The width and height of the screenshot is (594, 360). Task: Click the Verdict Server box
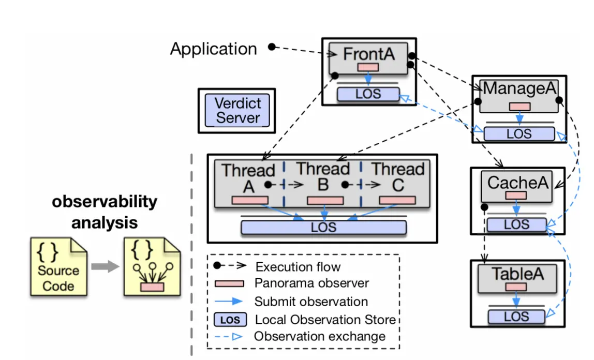tap(237, 110)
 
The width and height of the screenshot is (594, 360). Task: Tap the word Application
tap(213, 49)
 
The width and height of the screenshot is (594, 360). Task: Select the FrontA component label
tap(368, 54)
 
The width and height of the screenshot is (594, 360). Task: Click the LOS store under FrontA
tap(368, 94)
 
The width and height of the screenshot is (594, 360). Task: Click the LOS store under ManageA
tap(519, 133)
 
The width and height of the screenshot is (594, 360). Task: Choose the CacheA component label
tap(515, 182)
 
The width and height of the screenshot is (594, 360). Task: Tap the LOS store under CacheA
tap(516, 224)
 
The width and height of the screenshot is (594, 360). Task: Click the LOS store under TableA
tap(516, 316)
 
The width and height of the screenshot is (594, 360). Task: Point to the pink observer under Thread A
tap(250, 200)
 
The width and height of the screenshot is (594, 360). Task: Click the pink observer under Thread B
tap(325, 200)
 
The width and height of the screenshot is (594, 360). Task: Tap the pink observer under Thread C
tap(397, 200)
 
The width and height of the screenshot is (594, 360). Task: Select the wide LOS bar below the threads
tap(323, 227)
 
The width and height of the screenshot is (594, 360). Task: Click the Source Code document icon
tap(58, 266)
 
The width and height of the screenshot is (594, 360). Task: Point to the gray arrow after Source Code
tap(104, 267)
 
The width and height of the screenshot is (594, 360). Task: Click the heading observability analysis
tap(104, 212)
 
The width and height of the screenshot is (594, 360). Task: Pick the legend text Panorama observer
tap(311, 283)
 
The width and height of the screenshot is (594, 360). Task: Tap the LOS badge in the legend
tap(230, 320)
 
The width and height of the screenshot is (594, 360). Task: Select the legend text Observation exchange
tap(320, 336)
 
